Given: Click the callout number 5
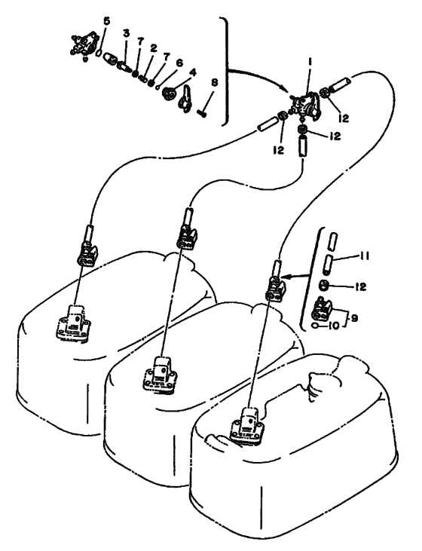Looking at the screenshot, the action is pyautogui.click(x=106, y=21).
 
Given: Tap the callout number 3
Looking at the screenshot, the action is pyautogui.click(x=126, y=33).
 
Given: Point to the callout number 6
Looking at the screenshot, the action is pyautogui.click(x=179, y=63).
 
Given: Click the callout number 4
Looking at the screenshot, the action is pyautogui.click(x=192, y=72).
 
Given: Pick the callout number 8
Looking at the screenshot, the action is pyautogui.click(x=214, y=82).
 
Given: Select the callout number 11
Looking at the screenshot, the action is pyautogui.click(x=364, y=256).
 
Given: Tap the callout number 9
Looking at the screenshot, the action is pyautogui.click(x=354, y=318).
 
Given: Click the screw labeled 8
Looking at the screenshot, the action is pyautogui.click(x=201, y=113).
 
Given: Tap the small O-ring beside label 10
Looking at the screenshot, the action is pyautogui.click(x=316, y=326).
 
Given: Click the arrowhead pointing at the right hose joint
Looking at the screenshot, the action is pyautogui.click(x=286, y=277).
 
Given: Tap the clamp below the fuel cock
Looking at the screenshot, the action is pyautogui.click(x=303, y=130).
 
